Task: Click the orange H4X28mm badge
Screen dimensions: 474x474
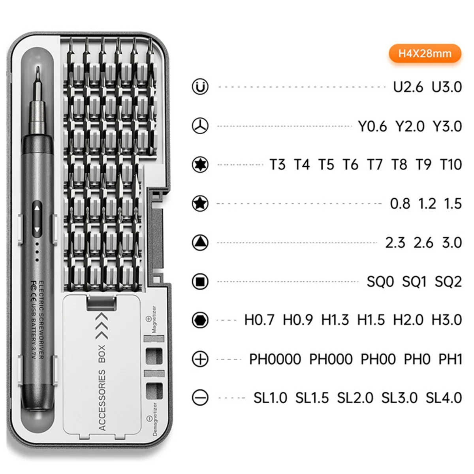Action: point(425,53)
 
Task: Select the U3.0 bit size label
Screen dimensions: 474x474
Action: point(447,87)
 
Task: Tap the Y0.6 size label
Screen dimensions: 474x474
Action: point(372,126)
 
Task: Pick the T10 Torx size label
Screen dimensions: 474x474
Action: point(451,165)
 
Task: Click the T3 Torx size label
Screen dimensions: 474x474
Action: point(277,165)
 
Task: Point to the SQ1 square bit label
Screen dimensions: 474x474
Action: point(414,282)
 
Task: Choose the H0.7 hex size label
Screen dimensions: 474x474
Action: point(259,320)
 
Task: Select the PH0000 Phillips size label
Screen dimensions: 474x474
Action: point(275,359)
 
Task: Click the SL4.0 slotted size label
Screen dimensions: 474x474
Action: point(444,398)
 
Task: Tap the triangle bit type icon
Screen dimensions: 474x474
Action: point(200,243)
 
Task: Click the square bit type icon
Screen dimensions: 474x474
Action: point(200,282)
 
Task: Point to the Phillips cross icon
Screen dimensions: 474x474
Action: point(200,359)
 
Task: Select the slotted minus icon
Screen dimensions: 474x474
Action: point(200,398)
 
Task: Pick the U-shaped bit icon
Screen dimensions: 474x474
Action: point(200,87)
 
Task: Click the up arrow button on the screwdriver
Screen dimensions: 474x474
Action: point(37,208)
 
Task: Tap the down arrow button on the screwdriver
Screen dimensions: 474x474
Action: point(37,229)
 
